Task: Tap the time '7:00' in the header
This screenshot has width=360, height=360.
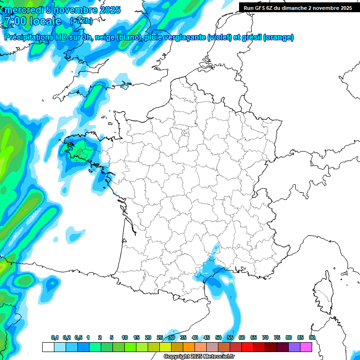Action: (15, 21)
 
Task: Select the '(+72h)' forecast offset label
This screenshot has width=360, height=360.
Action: (81, 21)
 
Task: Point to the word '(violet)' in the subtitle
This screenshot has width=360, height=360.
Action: (220, 37)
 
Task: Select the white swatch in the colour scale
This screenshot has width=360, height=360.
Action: (48, 347)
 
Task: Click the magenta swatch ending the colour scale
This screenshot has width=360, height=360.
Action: (306, 347)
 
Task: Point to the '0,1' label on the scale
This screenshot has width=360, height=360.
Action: (55, 337)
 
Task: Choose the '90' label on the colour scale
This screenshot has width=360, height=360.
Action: (312, 337)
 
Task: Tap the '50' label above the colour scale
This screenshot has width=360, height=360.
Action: (218, 337)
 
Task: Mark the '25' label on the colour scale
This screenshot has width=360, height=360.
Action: (160, 337)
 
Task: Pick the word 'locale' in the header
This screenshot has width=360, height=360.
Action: (45, 21)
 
